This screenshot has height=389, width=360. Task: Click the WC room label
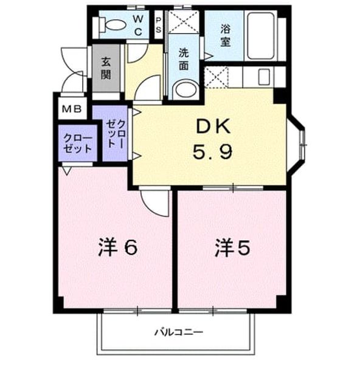[x=138, y=26]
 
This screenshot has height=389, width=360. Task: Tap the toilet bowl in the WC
[x=112, y=25]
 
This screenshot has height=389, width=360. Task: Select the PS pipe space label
[x=158, y=26]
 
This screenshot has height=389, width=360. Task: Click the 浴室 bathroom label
[x=226, y=36]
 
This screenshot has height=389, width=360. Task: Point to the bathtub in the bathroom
[x=261, y=36]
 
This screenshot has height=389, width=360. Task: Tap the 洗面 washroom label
[x=184, y=60]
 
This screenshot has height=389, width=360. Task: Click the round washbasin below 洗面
[x=185, y=89]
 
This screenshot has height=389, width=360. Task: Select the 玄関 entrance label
[x=106, y=68]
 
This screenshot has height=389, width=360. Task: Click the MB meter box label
[x=72, y=109]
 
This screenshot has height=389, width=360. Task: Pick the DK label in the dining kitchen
[x=213, y=126]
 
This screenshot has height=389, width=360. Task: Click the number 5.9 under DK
[x=212, y=151]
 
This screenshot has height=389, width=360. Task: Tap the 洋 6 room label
[x=118, y=247]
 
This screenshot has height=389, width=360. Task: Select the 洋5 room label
[x=232, y=247]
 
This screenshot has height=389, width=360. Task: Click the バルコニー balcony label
[x=179, y=332]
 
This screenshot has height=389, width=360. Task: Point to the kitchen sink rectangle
[x=264, y=77]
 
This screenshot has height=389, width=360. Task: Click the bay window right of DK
[x=296, y=145]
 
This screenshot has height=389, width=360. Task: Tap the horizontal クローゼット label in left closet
[x=78, y=143]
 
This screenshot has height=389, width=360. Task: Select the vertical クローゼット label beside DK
[x=116, y=134]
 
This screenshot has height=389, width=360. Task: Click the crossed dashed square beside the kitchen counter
[x=216, y=77]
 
